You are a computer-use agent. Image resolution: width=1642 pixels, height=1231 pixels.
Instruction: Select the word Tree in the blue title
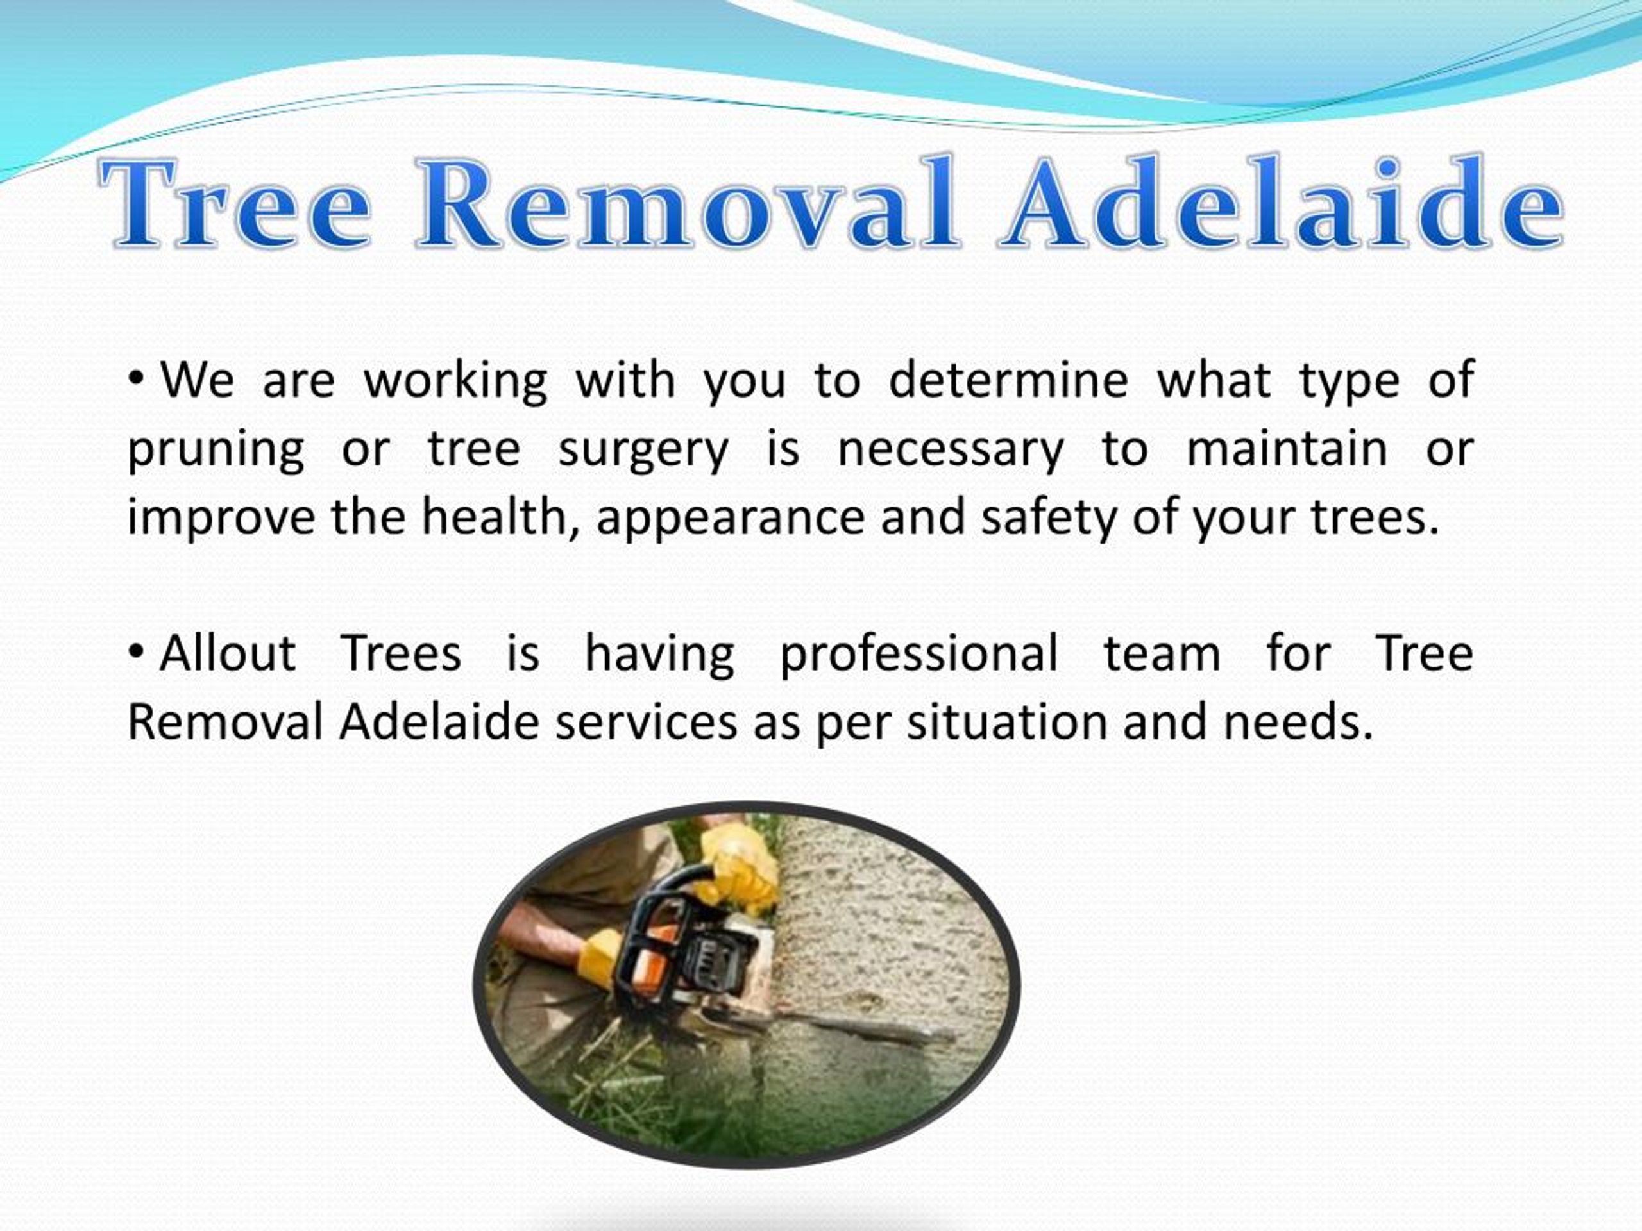[235, 203]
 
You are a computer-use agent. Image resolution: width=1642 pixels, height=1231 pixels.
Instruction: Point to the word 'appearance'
[731, 518]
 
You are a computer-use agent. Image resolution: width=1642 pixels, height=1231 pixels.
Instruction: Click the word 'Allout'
[227, 653]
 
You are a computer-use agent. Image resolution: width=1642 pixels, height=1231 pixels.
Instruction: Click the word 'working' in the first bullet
[456, 381]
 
